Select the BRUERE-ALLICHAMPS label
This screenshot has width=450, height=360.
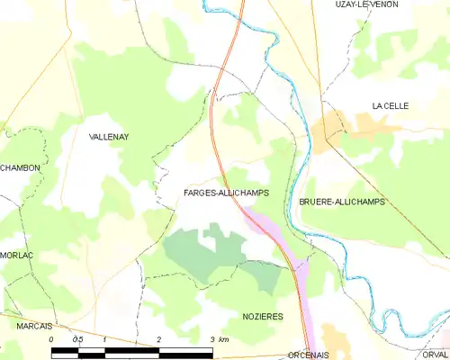342,202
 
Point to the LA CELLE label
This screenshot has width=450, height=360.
391,106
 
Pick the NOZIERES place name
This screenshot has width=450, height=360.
264,317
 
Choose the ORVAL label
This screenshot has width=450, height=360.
435,355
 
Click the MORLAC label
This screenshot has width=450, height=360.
16,255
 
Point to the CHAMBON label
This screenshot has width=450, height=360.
18,168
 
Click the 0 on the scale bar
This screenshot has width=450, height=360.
52,339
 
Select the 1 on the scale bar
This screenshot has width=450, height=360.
105,339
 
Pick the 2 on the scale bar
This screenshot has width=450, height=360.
158,339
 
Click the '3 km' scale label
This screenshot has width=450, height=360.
219,339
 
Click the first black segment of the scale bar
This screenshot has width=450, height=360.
65,349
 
